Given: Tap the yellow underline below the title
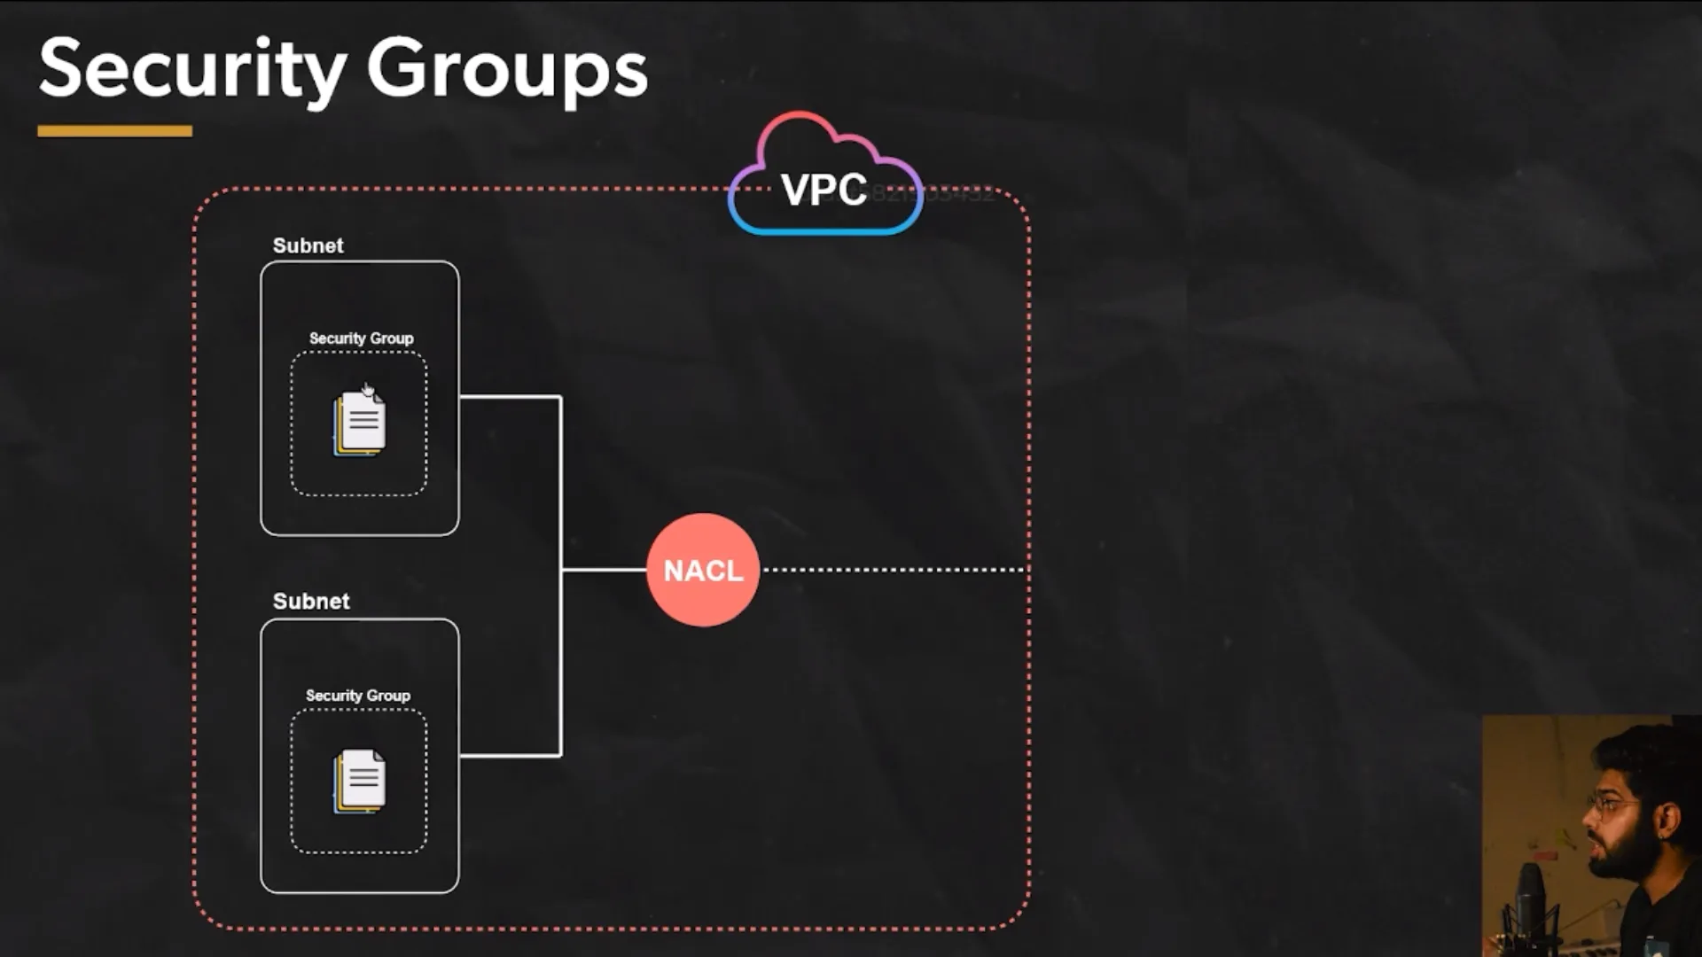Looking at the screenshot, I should point(114,131).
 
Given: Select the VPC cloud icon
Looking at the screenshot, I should point(824,177).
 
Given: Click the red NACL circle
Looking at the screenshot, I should point(703,570).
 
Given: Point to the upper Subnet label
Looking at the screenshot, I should point(308,245).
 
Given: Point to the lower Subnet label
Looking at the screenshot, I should point(311,601).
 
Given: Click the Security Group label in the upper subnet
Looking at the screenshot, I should point(361,338).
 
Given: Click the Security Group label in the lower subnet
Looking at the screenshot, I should point(358,696).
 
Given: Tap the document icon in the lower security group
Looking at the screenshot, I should point(360,782).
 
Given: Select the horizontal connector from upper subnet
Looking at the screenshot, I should point(510,397).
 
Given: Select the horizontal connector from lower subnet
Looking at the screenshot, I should point(510,756).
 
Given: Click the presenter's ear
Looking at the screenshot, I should point(1667,820).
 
